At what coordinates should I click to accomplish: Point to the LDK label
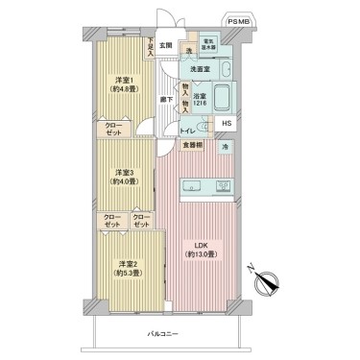point(201,248)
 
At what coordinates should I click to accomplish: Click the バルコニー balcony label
point(163,332)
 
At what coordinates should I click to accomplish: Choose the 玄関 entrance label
point(165,44)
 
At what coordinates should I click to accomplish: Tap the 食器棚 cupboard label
point(192,146)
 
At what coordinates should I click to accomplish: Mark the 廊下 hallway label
point(166,98)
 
